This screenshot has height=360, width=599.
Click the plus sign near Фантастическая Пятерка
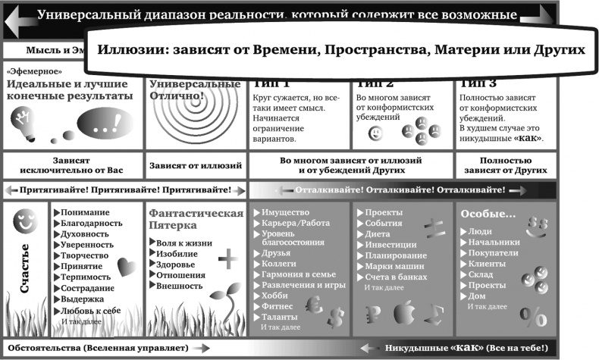(227, 260)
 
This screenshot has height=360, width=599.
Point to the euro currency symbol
(312, 305)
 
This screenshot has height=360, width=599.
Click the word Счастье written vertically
(24, 269)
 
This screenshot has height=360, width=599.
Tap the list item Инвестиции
(390, 245)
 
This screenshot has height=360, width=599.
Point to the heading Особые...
(488, 214)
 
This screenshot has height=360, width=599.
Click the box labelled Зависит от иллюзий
(196, 165)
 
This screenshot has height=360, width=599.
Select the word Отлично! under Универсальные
(177, 96)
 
